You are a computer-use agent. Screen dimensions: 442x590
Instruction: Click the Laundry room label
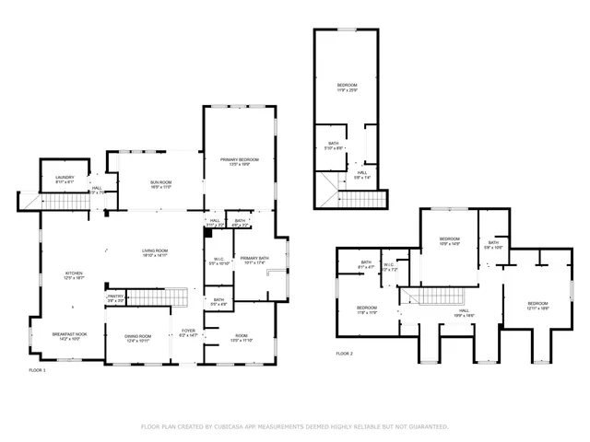point(65,179)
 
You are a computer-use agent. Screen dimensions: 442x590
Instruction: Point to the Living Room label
point(154,253)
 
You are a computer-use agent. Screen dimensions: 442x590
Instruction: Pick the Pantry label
point(115,297)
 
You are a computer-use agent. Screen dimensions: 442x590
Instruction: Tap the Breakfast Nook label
point(69,336)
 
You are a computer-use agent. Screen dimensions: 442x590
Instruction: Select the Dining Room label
point(138,338)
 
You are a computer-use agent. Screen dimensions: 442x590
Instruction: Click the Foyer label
point(188,331)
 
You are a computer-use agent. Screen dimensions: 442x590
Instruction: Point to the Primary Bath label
point(253,261)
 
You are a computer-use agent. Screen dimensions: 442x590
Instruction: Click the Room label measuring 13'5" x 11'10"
point(242,338)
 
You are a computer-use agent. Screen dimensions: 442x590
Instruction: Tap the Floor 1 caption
point(37,369)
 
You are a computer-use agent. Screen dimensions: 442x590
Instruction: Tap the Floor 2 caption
point(345,353)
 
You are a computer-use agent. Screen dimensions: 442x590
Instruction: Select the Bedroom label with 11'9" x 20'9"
point(347,87)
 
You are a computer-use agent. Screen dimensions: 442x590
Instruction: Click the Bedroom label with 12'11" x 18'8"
point(537,306)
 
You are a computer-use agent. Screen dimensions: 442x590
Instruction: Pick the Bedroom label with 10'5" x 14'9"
point(449,242)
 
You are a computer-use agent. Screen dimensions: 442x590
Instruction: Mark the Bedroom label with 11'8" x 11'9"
point(367,309)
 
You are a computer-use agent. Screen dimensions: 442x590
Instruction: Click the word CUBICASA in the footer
point(235,426)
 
